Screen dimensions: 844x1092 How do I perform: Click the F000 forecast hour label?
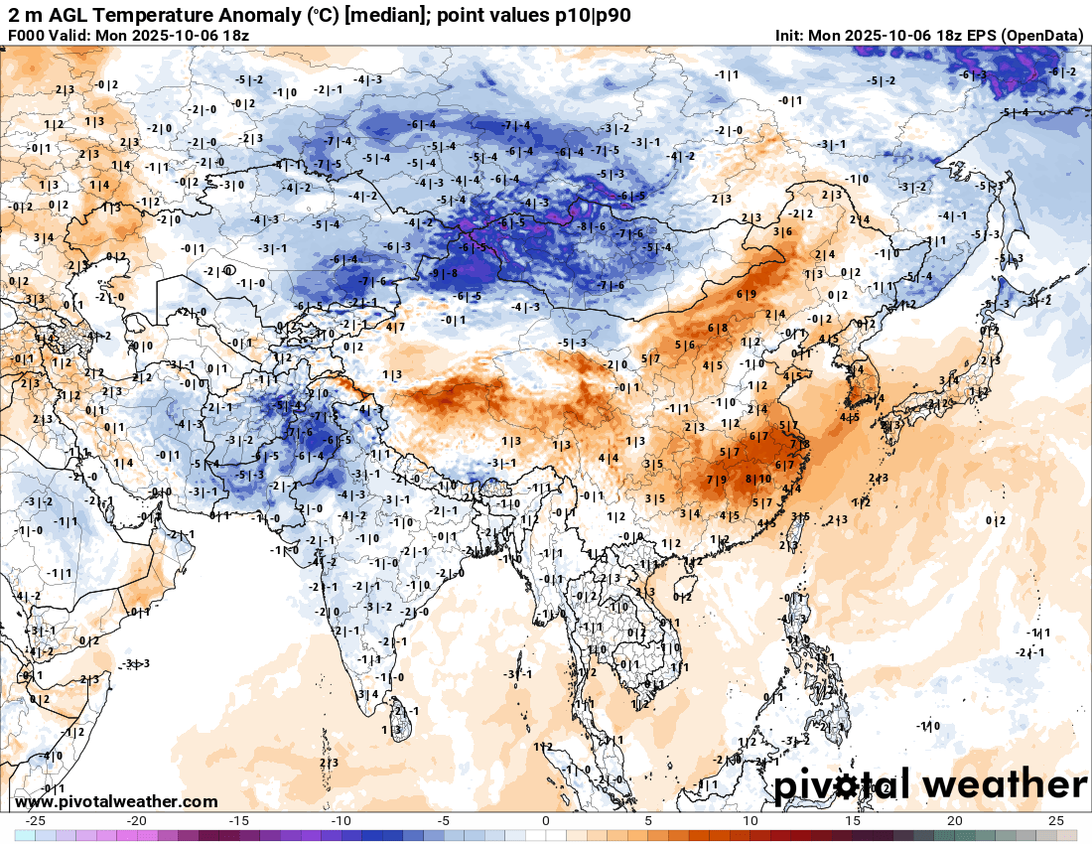28,35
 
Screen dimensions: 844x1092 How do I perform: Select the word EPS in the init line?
975,35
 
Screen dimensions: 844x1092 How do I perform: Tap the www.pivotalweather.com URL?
117,801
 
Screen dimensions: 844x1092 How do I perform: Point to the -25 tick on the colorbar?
36,820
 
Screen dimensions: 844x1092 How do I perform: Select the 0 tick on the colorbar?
546,820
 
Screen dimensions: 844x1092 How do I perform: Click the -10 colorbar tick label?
341,820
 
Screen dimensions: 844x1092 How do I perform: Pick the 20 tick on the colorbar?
954,820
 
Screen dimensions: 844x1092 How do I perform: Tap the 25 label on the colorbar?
1056,820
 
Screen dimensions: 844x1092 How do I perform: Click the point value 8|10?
757,478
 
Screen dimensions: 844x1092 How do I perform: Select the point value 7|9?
717,480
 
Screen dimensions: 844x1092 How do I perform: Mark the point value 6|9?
747,294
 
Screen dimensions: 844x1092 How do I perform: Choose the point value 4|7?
396,327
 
